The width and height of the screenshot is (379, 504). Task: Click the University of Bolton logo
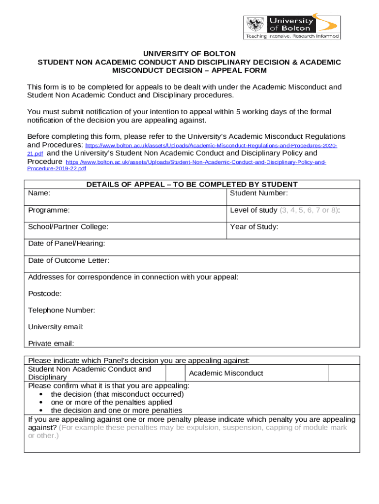coord(292,27)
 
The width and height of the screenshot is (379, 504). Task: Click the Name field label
coord(39,193)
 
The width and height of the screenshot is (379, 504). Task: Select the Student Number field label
coord(259,193)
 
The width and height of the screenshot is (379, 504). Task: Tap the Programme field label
coord(49,210)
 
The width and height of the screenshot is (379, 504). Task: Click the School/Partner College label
coord(68,227)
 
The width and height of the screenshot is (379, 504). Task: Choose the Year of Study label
coord(254,227)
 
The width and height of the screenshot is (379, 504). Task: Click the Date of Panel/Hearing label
coord(66,244)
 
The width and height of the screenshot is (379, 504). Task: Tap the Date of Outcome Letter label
coord(68,260)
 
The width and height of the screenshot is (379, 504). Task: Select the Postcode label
coord(45,294)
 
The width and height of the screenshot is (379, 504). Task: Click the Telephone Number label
coord(62,310)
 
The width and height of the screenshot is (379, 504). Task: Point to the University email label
coord(56,327)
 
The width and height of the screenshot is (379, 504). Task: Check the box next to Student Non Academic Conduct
coord(175,373)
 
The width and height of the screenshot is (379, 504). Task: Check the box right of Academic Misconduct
coord(344,373)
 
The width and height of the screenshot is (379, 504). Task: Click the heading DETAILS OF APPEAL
coord(192,185)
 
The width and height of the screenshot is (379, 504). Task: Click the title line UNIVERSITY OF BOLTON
coord(189,53)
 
